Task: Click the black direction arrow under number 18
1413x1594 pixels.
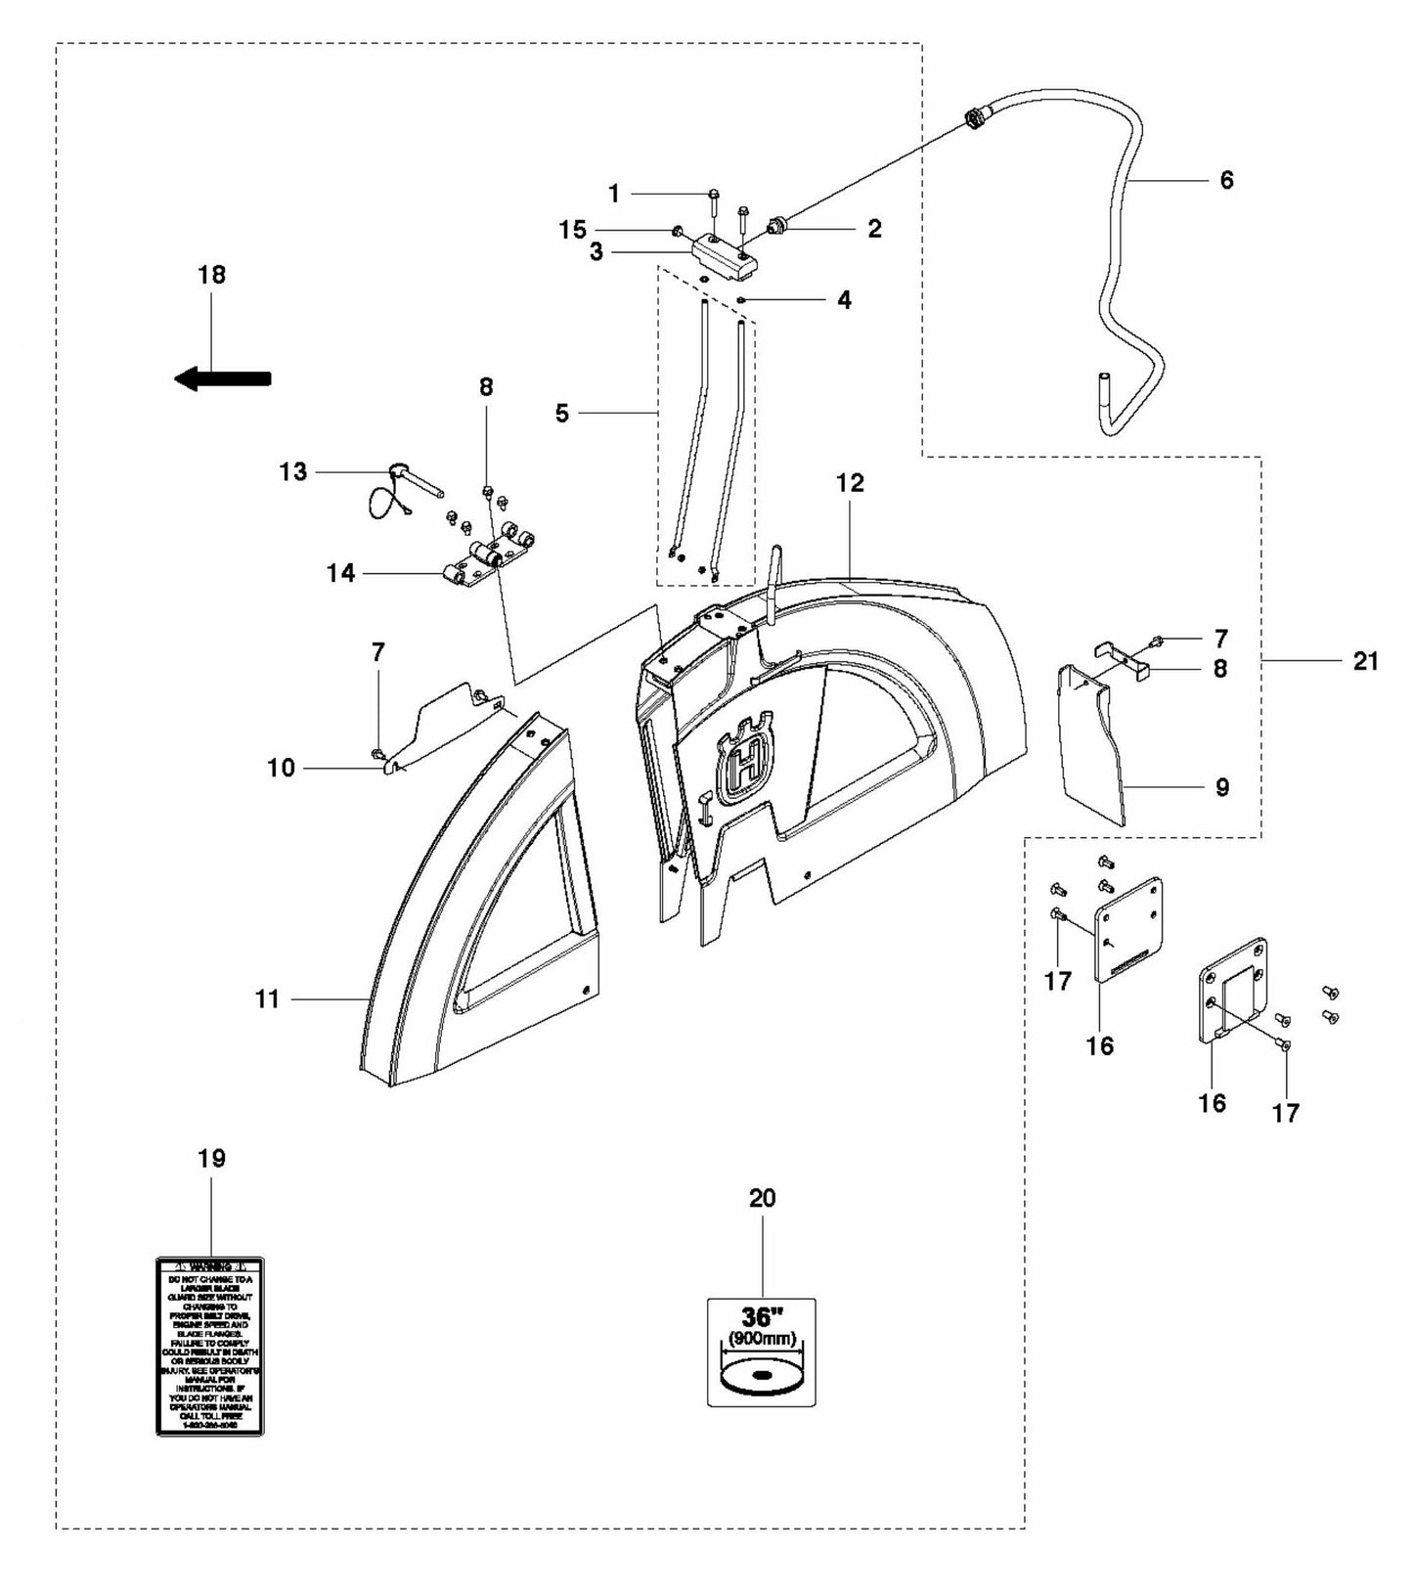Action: tap(223, 378)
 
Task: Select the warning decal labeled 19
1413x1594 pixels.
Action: tap(210, 1346)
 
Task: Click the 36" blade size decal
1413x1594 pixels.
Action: tap(761, 1352)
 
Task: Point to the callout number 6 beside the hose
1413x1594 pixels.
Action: tap(1226, 180)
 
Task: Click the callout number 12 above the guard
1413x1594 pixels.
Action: tap(850, 482)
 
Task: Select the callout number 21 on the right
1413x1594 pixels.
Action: tap(1365, 662)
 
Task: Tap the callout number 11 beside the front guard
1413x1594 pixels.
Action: tap(267, 998)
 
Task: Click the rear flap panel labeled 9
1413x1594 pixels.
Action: tap(1092, 743)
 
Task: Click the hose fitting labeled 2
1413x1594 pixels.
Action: tap(778, 226)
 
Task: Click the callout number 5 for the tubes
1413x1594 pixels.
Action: tap(561, 414)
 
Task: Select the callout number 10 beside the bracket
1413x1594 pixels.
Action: tap(281, 769)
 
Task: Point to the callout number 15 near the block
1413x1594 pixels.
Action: tap(572, 230)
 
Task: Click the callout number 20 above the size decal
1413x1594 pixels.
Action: tap(762, 1198)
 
